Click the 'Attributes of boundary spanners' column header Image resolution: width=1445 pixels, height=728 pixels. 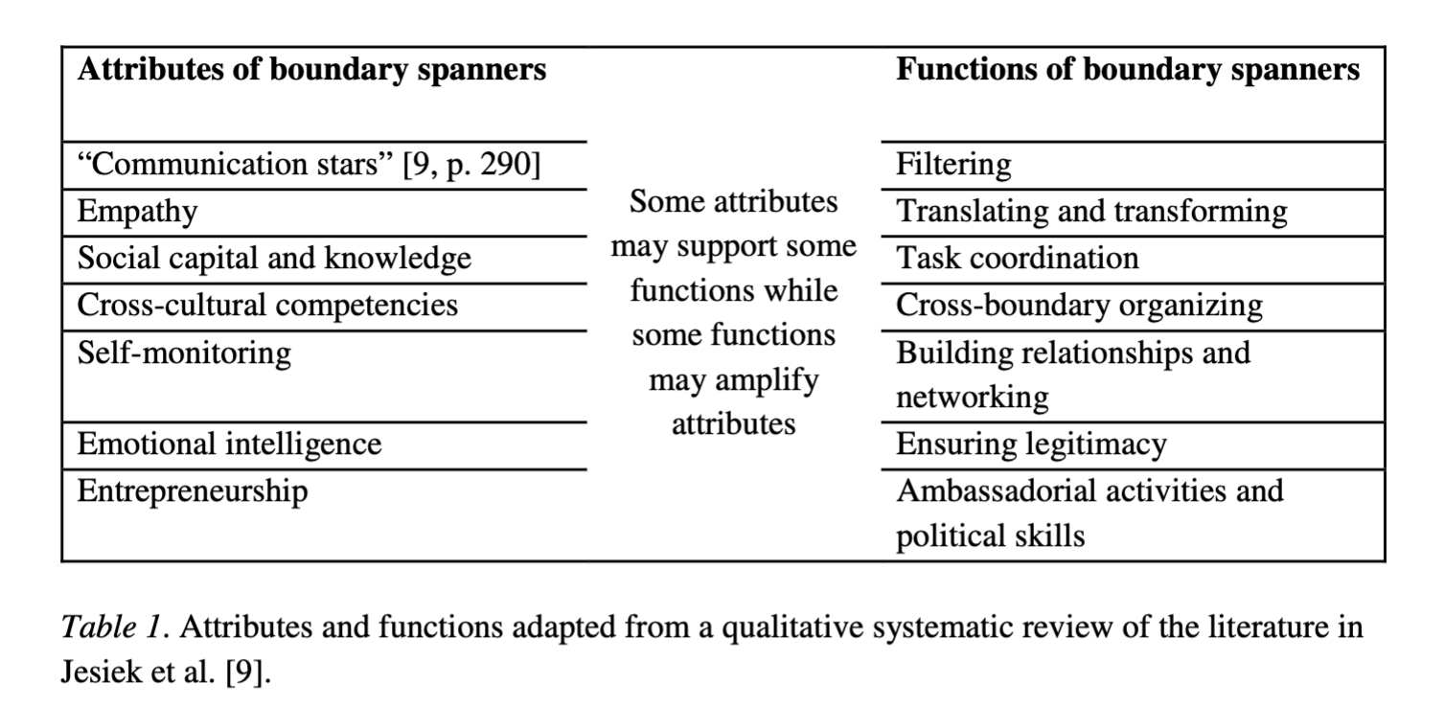[311, 70]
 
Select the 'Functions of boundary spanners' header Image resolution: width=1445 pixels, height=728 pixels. [1127, 70]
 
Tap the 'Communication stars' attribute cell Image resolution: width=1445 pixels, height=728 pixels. [309, 165]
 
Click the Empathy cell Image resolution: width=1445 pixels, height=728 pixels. [137, 212]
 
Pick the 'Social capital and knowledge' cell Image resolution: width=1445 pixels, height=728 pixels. [274, 259]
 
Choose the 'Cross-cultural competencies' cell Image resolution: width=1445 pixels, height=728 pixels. [267, 306]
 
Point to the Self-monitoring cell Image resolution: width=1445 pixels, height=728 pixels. [184, 353]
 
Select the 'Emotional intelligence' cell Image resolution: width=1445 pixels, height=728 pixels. [229, 444]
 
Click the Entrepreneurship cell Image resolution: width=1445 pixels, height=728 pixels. [193, 492]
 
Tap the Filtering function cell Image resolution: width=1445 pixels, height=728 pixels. [953, 165]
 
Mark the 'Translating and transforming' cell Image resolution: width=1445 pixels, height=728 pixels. [1091, 212]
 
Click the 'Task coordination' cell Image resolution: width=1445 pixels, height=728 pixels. [1018, 259]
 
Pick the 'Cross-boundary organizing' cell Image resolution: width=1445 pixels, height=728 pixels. [1079, 306]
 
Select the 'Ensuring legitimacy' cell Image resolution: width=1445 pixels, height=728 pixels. [1031, 444]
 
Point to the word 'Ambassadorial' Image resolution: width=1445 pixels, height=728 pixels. [997, 491]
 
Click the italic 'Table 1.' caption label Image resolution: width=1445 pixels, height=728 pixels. [114, 628]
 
